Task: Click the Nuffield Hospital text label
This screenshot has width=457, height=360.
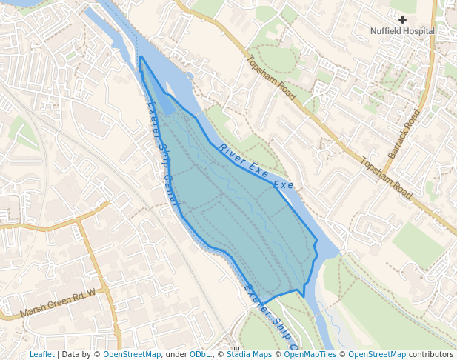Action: [402, 31]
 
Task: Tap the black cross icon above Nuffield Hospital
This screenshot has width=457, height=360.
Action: [402, 19]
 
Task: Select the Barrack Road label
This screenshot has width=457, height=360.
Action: [404, 133]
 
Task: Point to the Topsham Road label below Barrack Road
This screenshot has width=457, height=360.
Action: [386, 179]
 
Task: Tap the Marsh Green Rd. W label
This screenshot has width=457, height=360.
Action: [59, 302]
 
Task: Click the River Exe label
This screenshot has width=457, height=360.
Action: [243, 161]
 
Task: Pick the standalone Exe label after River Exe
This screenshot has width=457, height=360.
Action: [284, 184]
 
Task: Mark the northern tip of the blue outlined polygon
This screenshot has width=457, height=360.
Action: [140, 57]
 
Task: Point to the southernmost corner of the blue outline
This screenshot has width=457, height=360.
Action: [304, 296]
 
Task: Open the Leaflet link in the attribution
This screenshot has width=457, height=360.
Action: [41, 354]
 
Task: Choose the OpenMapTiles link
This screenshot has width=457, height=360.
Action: [311, 354]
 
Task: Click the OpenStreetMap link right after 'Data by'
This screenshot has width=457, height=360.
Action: [132, 354]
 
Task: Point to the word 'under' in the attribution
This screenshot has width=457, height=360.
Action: [176, 354]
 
